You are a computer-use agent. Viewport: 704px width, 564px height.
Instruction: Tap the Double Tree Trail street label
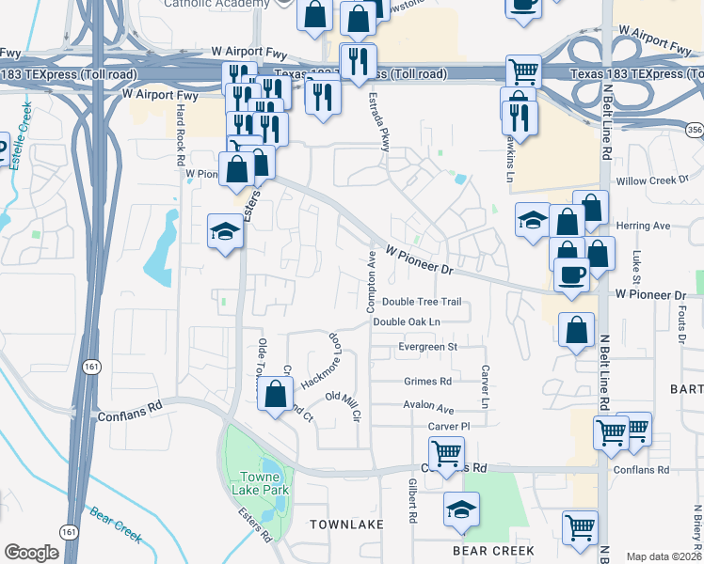421,302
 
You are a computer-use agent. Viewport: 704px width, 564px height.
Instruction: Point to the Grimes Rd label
427,382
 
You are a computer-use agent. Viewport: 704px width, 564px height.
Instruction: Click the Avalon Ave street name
428,410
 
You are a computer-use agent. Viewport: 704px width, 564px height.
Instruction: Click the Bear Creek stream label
116,525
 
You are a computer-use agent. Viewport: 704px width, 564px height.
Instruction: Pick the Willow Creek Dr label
646,180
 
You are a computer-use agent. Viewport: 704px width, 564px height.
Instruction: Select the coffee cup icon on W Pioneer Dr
572,274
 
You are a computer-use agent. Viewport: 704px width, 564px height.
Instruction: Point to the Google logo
31,553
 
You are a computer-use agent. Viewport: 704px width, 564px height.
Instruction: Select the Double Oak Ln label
407,321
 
